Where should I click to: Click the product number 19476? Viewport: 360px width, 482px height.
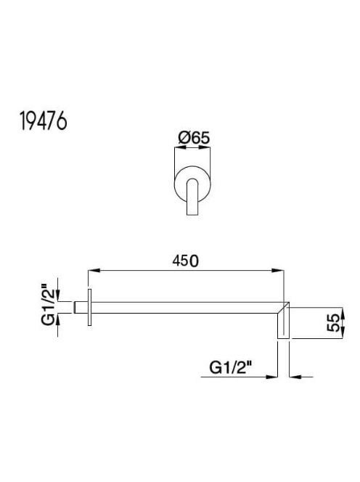point(44,120)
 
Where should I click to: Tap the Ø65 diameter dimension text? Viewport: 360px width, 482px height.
point(194,137)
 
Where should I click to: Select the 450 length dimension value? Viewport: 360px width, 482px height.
point(185,261)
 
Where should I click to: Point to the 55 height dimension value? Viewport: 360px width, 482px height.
point(334,323)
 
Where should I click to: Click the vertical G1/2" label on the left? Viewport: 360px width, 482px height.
point(48,306)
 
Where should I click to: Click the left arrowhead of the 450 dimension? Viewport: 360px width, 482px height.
point(94,271)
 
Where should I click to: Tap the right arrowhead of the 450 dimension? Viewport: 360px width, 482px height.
point(277,271)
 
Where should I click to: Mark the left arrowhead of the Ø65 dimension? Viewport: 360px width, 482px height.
point(180,147)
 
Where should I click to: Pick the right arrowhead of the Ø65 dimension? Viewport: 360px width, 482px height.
point(205,147)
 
